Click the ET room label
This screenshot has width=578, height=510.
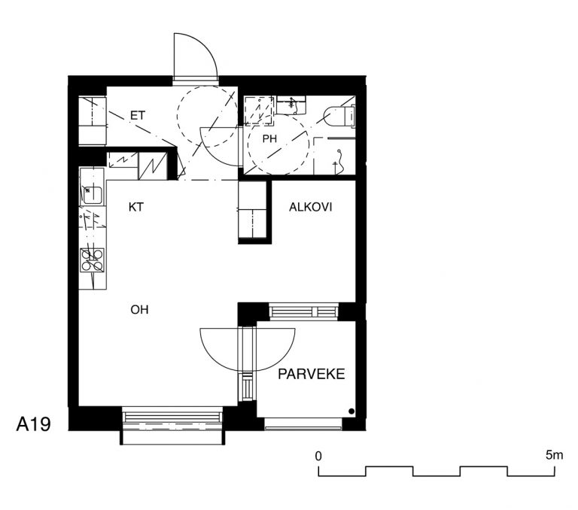138,116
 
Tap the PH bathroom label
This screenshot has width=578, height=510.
269,139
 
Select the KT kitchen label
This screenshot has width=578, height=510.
135,207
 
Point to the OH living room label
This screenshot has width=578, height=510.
139,310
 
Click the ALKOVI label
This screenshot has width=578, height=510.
310,207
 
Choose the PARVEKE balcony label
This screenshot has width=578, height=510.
311,374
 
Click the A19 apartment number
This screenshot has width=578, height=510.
33,424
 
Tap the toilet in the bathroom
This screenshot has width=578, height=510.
339,116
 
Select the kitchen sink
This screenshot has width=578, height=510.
92,195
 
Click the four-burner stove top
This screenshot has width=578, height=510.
92,260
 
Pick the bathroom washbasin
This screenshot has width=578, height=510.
291,105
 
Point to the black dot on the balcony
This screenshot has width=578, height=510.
351,411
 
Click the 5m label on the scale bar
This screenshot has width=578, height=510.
555,455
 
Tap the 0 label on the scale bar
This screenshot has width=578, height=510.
318,456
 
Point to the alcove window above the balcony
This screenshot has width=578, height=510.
304,311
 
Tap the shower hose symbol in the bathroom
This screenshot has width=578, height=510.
339,162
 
